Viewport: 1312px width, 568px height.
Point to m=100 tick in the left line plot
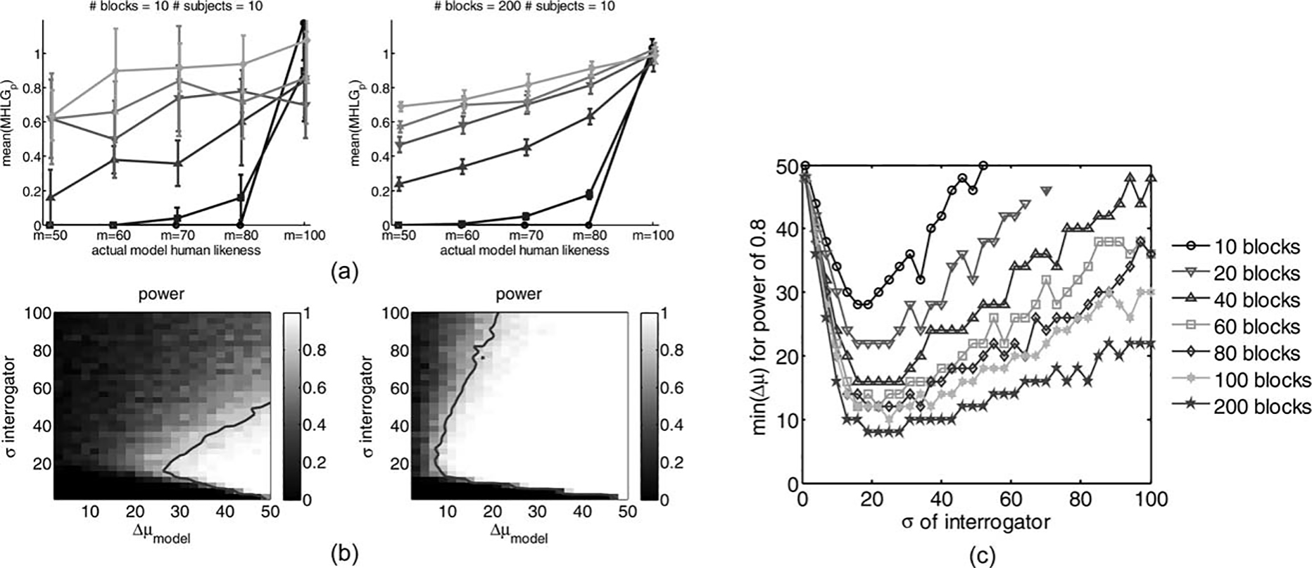coord(305,235)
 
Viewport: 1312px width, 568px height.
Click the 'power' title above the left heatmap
coord(161,294)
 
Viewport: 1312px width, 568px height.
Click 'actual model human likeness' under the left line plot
coord(176,250)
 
